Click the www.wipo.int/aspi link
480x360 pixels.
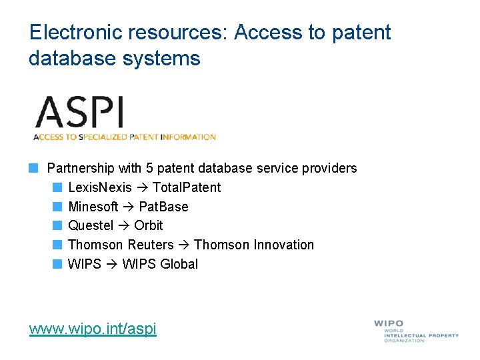click(x=93, y=328)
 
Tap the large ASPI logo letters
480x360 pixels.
click(x=79, y=112)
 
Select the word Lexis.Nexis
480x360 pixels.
click(x=100, y=187)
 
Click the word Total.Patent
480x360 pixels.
click(x=187, y=187)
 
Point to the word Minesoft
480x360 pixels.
click(x=93, y=207)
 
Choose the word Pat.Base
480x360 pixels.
click(x=164, y=207)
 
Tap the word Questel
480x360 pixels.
click(x=91, y=225)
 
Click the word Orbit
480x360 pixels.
click(x=149, y=225)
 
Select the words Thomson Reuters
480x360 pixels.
click(x=121, y=245)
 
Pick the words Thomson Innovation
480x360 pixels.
click(x=254, y=245)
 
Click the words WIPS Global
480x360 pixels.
click(x=160, y=264)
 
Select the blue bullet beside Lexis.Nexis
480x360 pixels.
click(x=57, y=187)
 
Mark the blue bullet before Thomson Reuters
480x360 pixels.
click(x=57, y=245)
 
